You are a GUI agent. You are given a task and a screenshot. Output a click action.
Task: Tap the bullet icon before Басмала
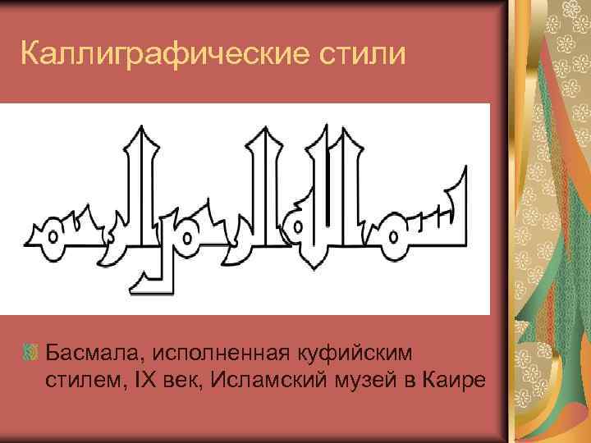pos(31,354)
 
